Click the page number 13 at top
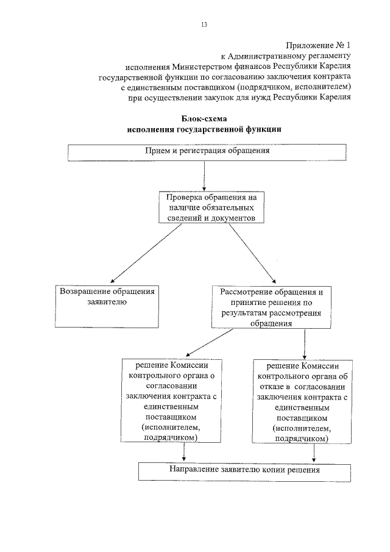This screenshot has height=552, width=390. pos(204,24)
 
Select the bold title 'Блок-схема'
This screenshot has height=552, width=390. pos(204,119)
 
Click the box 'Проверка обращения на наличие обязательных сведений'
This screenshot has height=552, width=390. pos(207,208)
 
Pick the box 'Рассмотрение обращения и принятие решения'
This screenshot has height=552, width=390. pos(271,306)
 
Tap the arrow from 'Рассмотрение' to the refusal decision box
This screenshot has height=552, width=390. pos(303,344)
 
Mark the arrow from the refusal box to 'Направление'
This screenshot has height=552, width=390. pos(314,453)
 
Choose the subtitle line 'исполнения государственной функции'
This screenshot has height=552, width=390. pos(204,129)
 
